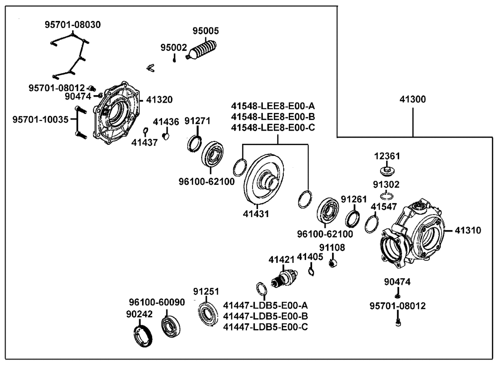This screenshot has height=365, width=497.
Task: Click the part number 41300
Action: pos(413,100)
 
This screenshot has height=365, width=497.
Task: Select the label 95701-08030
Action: pos(73,24)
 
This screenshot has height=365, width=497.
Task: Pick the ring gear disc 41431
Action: pos(264,179)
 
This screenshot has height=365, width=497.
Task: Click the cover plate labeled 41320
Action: pos(116,113)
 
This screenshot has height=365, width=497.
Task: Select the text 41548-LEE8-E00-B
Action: pos(273,117)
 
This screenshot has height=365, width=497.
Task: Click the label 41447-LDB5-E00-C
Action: pos(265,327)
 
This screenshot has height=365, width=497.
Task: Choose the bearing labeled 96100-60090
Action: pos(170,326)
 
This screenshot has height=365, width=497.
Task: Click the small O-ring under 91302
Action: pos(387,195)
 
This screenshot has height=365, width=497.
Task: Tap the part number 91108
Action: pos(332,247)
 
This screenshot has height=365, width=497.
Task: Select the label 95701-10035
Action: pos(40,120)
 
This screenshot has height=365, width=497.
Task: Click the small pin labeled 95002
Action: pos(174,59)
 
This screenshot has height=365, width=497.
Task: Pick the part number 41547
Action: pos(384,207)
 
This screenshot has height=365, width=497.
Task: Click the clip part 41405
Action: pos(311,271)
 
